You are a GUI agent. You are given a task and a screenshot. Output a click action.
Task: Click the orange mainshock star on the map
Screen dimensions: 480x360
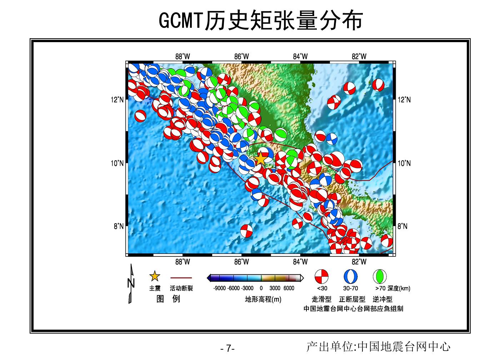tap(260, 159)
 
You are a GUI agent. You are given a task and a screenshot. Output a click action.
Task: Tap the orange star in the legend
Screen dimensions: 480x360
tap(155, 276)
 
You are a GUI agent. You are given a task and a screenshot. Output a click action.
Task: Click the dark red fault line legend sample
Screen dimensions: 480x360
tap(181, 278)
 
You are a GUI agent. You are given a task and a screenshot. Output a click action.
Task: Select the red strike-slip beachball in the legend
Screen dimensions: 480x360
tap(321, 276)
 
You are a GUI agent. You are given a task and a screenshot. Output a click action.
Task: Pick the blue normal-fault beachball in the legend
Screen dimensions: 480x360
tap(351, 276)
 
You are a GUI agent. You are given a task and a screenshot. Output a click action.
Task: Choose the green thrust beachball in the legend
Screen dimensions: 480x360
tap(380, 276)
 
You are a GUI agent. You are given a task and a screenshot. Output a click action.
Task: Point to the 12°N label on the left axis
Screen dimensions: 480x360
tap(117, 100)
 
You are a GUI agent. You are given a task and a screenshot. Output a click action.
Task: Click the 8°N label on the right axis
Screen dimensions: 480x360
tap(402, 226)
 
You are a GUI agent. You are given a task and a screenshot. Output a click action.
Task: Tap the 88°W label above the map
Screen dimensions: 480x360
tap(182, 56)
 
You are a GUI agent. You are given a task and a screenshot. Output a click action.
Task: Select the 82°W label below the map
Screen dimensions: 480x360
tap(359, 262)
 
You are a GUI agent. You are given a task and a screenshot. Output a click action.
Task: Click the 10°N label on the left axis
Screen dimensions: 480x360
tap(117, 163)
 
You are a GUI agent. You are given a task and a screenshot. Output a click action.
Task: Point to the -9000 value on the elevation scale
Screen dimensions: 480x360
tap(219, 288)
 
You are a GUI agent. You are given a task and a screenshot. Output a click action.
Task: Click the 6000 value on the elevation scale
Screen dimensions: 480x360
tap(289, 288)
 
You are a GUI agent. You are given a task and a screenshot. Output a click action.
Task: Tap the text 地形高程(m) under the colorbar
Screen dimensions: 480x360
tap(263, 299)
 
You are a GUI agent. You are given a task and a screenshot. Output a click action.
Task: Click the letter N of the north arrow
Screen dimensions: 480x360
tap(131, 283)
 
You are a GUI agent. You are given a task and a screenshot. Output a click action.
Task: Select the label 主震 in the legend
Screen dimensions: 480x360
tap(155, 288)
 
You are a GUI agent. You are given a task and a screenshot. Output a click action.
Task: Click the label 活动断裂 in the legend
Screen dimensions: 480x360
tap(181, 288)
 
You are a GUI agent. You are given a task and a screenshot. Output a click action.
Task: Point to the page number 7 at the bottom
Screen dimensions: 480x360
tap(229, 348)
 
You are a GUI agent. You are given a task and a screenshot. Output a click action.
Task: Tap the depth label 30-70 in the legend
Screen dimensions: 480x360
tap(351, 288)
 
